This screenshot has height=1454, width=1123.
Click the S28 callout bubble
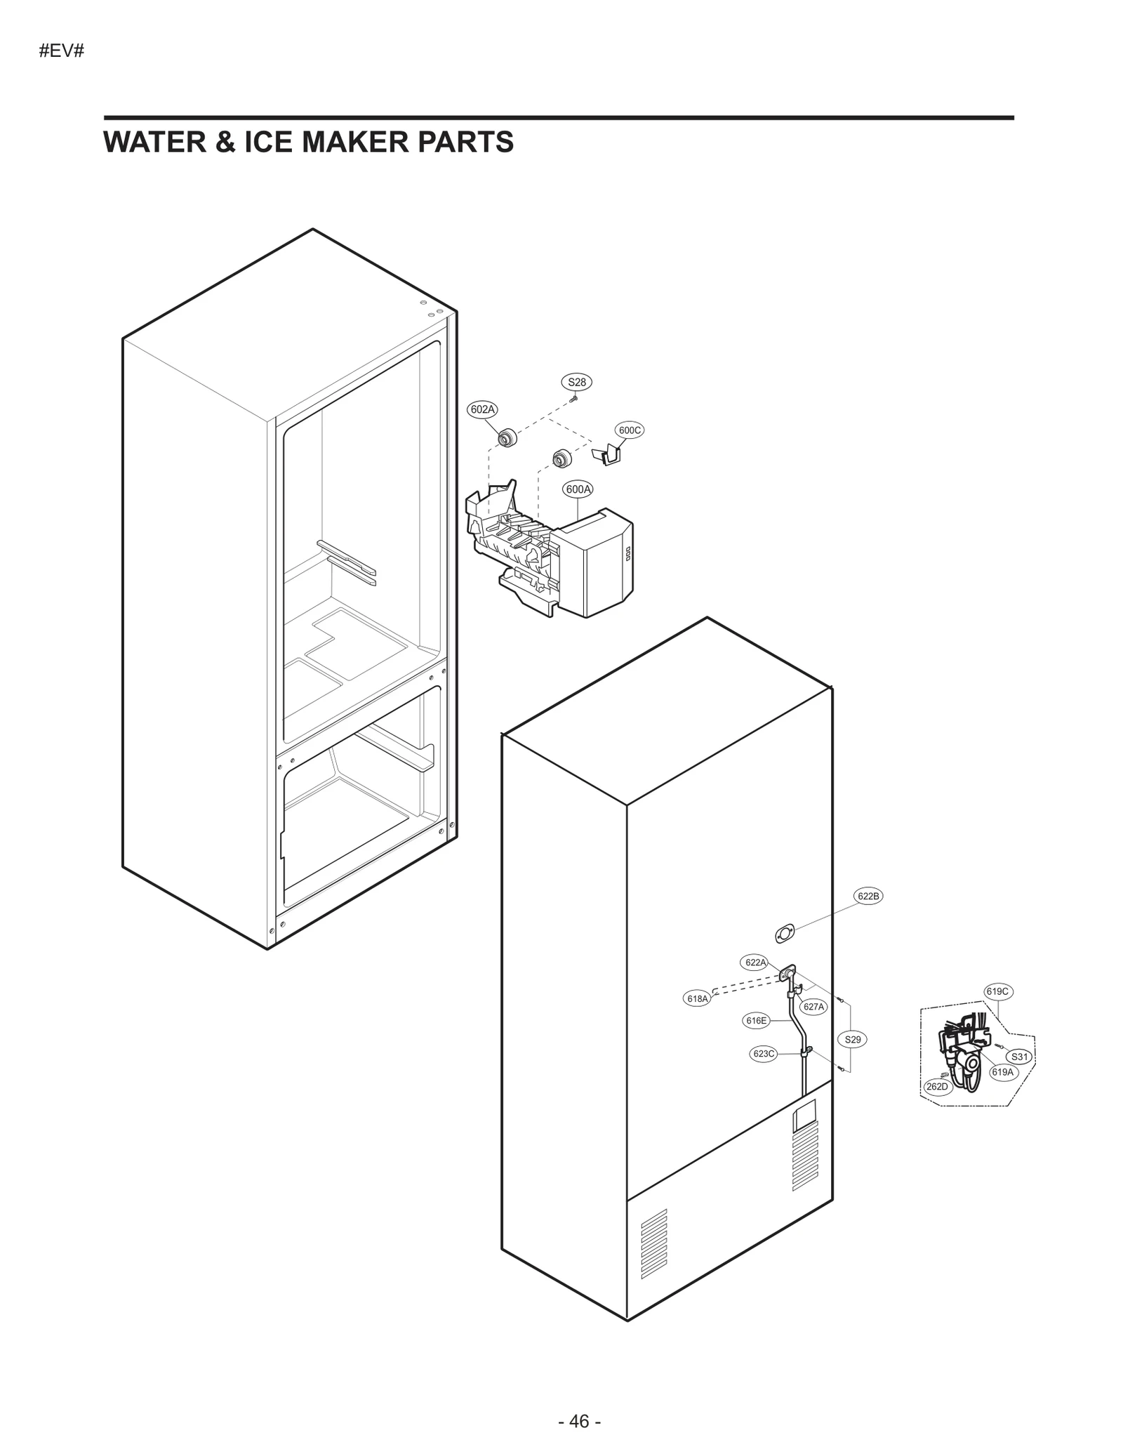(576, 382)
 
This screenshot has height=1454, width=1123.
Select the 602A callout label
(482, 409)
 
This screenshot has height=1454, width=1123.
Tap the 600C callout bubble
(629, 430)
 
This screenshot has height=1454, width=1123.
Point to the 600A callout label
(578, 489)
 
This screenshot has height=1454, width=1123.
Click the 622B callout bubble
(868, 896)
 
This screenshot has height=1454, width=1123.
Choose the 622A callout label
(755, 963)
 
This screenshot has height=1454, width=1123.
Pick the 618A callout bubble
(697, 998)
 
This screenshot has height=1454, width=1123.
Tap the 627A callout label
(813, 1007)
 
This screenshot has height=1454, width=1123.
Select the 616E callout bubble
(756, 1021)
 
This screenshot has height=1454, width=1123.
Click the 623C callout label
(764, 1054)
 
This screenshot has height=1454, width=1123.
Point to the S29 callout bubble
(852, 1040)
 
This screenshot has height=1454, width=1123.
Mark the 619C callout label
(997, 991)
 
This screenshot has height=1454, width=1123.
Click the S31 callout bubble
(1019, 1057)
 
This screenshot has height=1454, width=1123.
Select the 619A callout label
(1003, 1072)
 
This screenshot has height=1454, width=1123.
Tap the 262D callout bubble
(936, 1087)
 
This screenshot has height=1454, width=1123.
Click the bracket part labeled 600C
(608, 454)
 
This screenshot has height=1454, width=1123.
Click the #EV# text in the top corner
(62, 51)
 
